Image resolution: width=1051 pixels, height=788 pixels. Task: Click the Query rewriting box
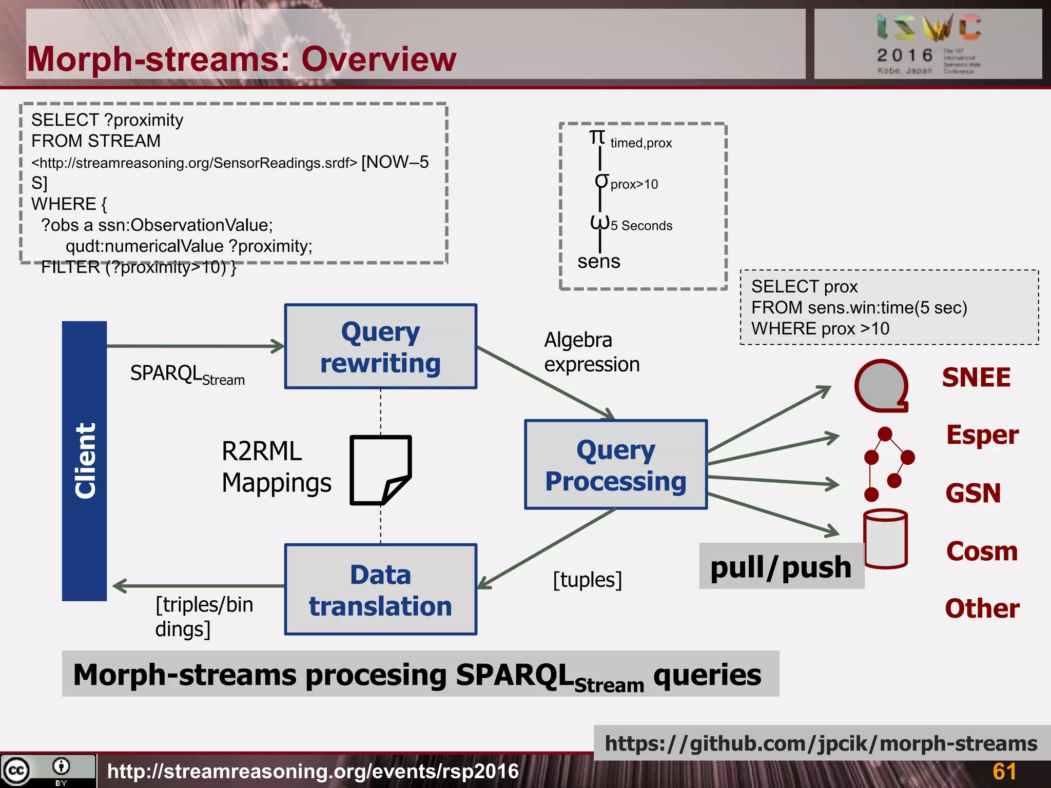pyautogui.click(x=380, y=347)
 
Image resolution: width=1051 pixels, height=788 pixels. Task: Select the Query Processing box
pyautogui.click(x=615, y=465)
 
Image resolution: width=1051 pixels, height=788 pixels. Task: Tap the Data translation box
pyautogui.click(x=380, y=590)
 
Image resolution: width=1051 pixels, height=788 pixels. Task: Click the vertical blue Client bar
pyautogui.click(x=84, y=461)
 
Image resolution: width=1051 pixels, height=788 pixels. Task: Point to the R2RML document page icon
pyautogui.click(x=380, y=470)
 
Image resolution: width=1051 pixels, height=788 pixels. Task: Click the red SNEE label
pyautogui.click(x=976, y=378)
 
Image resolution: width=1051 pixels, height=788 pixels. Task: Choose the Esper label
pyautogui.click(x=982, y=435)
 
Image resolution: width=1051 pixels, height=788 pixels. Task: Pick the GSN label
pyautogui.click(x=973, y=493)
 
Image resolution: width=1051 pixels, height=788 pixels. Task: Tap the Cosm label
pyautogui.click(x=982, y=551)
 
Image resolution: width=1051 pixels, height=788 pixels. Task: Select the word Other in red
pyautogui.click(x=982, y=608)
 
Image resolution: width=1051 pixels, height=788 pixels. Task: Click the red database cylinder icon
pyautogui.click(x=885, y=539)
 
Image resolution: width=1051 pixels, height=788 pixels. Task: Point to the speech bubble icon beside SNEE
pyautogui.click(x=881, y=386)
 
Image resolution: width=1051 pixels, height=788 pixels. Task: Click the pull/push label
pyautogui.click(x=781, y=567)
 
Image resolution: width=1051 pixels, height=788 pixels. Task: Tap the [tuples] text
pyautogui.click(x=587, y=580)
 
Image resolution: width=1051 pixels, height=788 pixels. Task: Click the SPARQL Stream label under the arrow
pyautogui.click(x=187, y=374)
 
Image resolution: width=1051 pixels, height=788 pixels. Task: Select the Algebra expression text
pyautogui.click(x=592, y=352)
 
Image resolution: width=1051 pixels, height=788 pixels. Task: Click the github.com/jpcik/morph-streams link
pyautogui.click(x=821, y=743)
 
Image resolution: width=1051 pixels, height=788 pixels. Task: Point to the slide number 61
pyautogui.click(x=1004, y=772)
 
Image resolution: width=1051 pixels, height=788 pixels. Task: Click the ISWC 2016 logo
pyautogui.click(x=928, y=44)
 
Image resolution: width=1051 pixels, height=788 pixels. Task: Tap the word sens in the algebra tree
pyautogui.click(x=598, y=262)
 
